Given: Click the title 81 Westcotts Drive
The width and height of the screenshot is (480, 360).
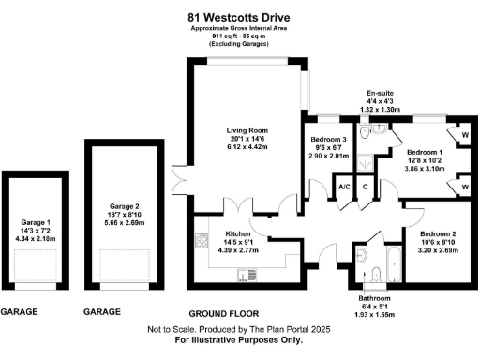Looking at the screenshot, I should (x=239, y=16).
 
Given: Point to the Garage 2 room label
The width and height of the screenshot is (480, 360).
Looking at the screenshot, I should (x=124, y=205).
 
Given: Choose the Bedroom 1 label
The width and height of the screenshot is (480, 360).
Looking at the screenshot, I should (x=424, y=152).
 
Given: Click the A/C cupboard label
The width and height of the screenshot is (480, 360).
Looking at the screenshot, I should (x=344, y=187).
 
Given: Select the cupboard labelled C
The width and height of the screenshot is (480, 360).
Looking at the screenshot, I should (x=365, y=187).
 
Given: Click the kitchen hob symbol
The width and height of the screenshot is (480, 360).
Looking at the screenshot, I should (x=201, y=240).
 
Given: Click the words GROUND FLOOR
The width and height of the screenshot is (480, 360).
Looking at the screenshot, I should (x=224, y=312).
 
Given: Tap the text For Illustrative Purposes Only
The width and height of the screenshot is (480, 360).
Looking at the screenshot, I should (x=239, y=340).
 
